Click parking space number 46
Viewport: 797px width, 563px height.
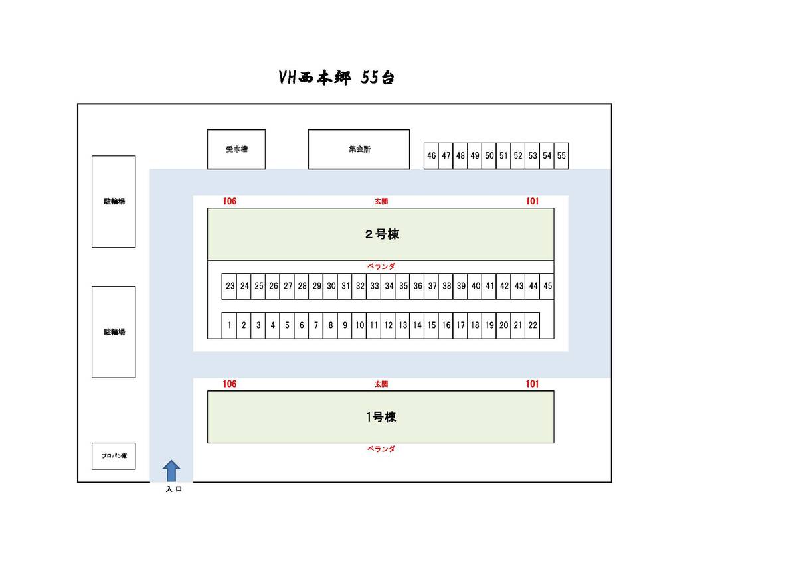tap(432, 156)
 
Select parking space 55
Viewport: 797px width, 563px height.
tap(561, 156)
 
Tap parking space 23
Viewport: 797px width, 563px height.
tap(230, 286)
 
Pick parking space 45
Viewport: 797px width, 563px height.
tap(547, 286)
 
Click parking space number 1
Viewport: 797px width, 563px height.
tap(229, 325)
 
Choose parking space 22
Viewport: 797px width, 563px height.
tap(532, 325)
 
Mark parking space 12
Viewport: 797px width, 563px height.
tap(388, 325)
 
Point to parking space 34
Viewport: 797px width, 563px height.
tap(389, 286)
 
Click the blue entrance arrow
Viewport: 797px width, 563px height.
tap(171, 470)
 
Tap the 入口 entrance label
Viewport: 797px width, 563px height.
tap(173, 490)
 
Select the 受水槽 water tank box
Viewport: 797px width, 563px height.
tap(236, 149)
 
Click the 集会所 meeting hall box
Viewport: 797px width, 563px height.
tap(359, 149)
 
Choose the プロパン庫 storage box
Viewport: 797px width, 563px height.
tap(114, 456)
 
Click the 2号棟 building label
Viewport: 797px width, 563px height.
tap(381, 234)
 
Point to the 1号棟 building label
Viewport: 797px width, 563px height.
tap(381, 417)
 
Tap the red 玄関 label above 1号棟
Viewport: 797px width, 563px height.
tap(381, 384)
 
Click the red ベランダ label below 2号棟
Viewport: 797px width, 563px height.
tap(381, 266)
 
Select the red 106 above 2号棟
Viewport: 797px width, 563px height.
tap(230, 201)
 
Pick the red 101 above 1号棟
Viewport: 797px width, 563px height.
tap(532, 384)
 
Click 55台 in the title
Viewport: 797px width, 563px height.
tap(377, 78)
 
